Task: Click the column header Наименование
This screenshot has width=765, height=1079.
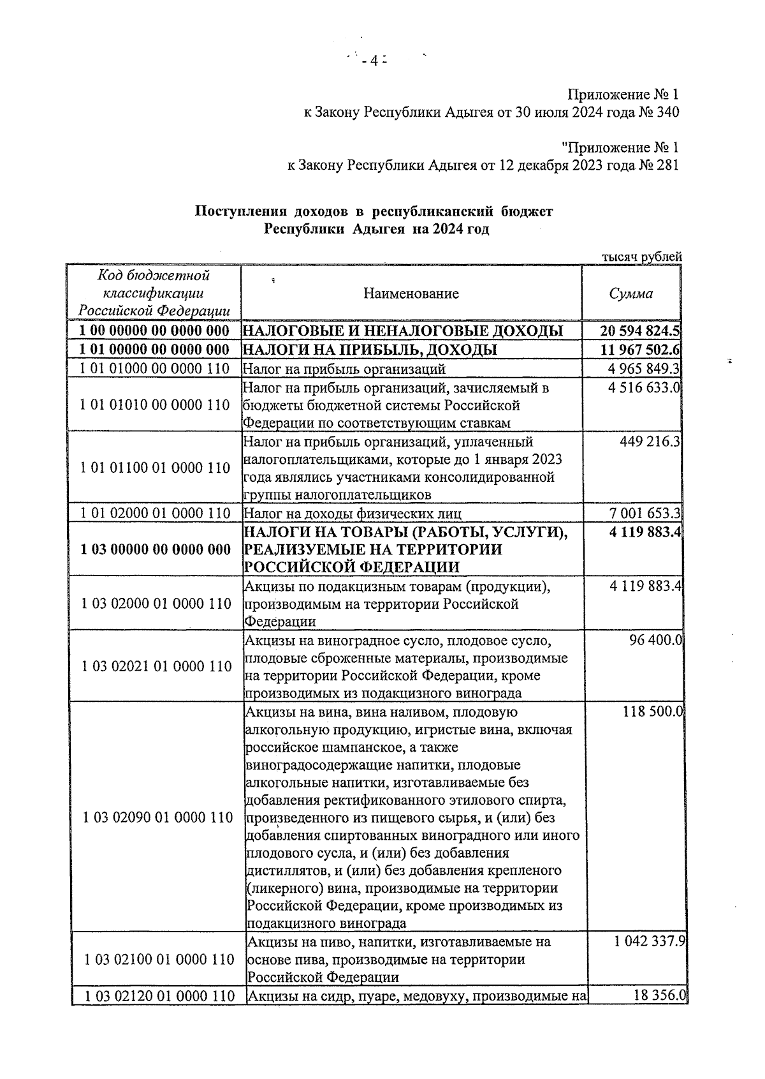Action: (411, 294)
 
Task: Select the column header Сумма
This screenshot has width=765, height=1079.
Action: (630, 294)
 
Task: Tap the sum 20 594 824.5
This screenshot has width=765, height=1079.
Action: (640, 331)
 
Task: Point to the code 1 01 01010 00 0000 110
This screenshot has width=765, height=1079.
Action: (156, 405)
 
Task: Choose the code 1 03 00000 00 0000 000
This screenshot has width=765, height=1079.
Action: (156, 549)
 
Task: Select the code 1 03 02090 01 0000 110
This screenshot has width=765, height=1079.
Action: (157, 817)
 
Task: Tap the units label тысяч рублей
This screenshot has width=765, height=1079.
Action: (641, 257)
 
